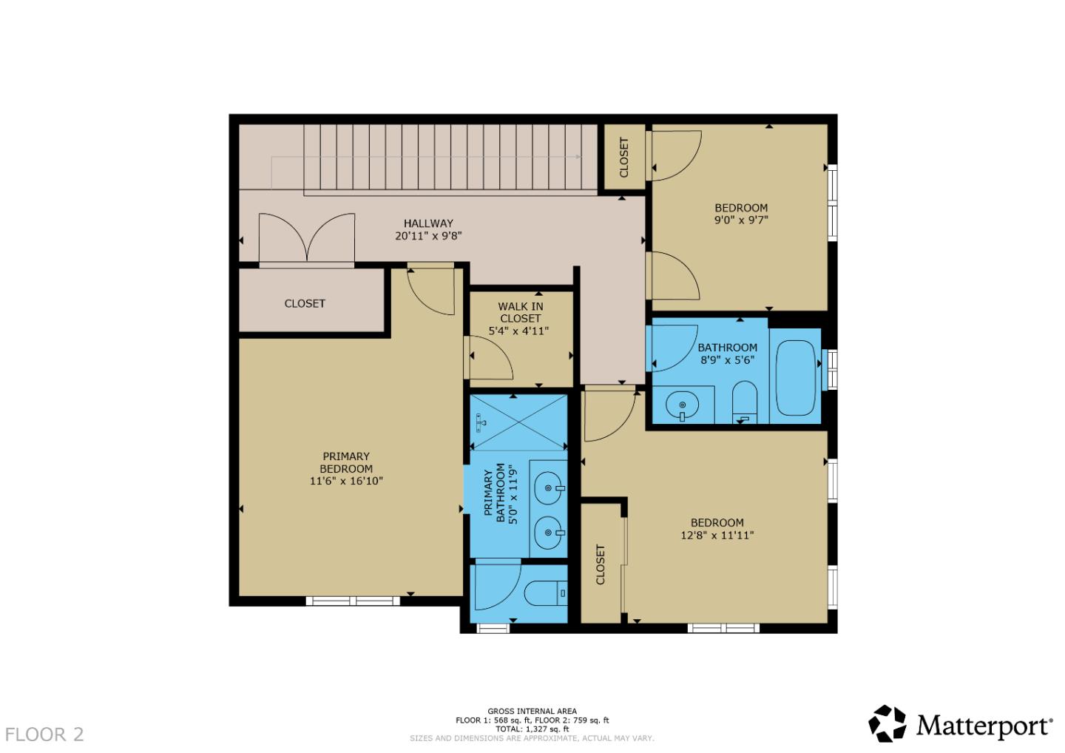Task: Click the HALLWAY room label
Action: [x=428, y=223]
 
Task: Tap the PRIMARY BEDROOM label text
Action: [x=346, y=462]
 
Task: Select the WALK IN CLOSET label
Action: [x=520, y=312]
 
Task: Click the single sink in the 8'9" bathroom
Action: [x=682, y=405]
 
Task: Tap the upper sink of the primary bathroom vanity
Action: [x=548, y=488]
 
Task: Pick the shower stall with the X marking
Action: [x=519, y=422]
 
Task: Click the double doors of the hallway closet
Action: [x=306, y=238]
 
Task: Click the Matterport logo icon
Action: [x=887, y=723]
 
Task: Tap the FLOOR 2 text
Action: [x=44, y=735]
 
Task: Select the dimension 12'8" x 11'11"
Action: [x=717, y=536]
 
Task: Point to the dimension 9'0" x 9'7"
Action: [x=741, y=220]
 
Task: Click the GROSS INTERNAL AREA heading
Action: [x=532, y=712]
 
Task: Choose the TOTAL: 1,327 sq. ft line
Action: [x=532, y=729]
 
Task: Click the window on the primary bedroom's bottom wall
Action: [x=353, y=601]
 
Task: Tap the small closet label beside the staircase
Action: [x=623, y=157]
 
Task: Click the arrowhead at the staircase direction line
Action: [x=578, y=157]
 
